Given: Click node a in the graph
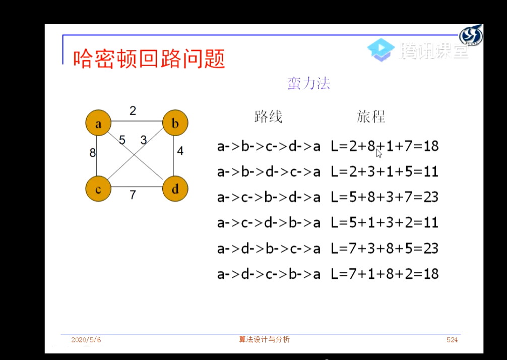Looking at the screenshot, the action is tap(99, 124).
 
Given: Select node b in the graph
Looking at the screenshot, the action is tap(175, 124).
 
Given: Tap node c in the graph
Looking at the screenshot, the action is tap(99, 189).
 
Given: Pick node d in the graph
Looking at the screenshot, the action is tap(175, 189).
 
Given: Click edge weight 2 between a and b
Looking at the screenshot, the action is tap(133, 111).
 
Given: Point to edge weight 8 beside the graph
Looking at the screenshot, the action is tap(92, 152).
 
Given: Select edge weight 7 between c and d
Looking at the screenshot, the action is tap(133, 195).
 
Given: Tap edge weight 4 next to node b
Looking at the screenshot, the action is tap(180, 151).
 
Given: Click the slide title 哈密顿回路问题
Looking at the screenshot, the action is tap(149, 58).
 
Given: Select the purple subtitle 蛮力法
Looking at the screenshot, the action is tap(308, 83).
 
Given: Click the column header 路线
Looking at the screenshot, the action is tap(268, 117).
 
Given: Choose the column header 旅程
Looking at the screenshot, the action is tap(371, 117).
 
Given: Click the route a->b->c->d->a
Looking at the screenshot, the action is tap(269, 146).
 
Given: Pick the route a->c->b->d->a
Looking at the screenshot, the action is tap(269, 197).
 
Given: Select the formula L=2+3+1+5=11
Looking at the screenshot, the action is tap(385, 172).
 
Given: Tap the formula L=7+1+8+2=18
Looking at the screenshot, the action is tap(385, 274).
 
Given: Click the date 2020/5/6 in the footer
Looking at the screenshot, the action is tap(86, 340).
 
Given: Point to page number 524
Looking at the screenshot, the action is tap(452, 340).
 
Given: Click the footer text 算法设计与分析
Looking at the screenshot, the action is tap(264, 339).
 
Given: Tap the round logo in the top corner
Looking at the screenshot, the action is tap(471, 35).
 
